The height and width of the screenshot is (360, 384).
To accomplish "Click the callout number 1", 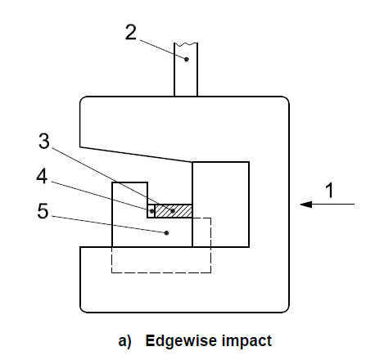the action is (x=330, y=190).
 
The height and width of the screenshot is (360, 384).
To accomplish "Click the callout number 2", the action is (x=131, y=32).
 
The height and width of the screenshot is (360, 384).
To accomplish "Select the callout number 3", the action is (x=44, y=141).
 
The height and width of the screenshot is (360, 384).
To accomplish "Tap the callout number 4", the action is (x=42, y=176).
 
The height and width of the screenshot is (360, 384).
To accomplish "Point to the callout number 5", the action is (x=43, y=211).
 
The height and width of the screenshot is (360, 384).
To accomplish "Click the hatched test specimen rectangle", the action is (x=174, y=211).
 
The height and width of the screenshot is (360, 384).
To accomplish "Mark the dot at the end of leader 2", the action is (x=187, y=59).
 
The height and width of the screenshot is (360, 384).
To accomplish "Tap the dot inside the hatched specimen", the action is (x=173, y=210).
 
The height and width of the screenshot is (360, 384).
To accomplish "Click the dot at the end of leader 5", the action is (x=167, y=232).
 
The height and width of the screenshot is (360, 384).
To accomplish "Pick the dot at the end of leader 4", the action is (x=151, y=211).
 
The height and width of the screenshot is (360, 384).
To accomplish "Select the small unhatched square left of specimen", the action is (x=151, y=211).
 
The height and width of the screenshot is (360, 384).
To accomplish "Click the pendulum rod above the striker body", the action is (x=186, y=70).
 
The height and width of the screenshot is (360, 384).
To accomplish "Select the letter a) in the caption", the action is (x=124, y=341).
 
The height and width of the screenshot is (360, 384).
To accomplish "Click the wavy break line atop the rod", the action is (x=186, y=43).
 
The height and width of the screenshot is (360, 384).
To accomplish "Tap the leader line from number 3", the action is (x=105, y=176).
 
